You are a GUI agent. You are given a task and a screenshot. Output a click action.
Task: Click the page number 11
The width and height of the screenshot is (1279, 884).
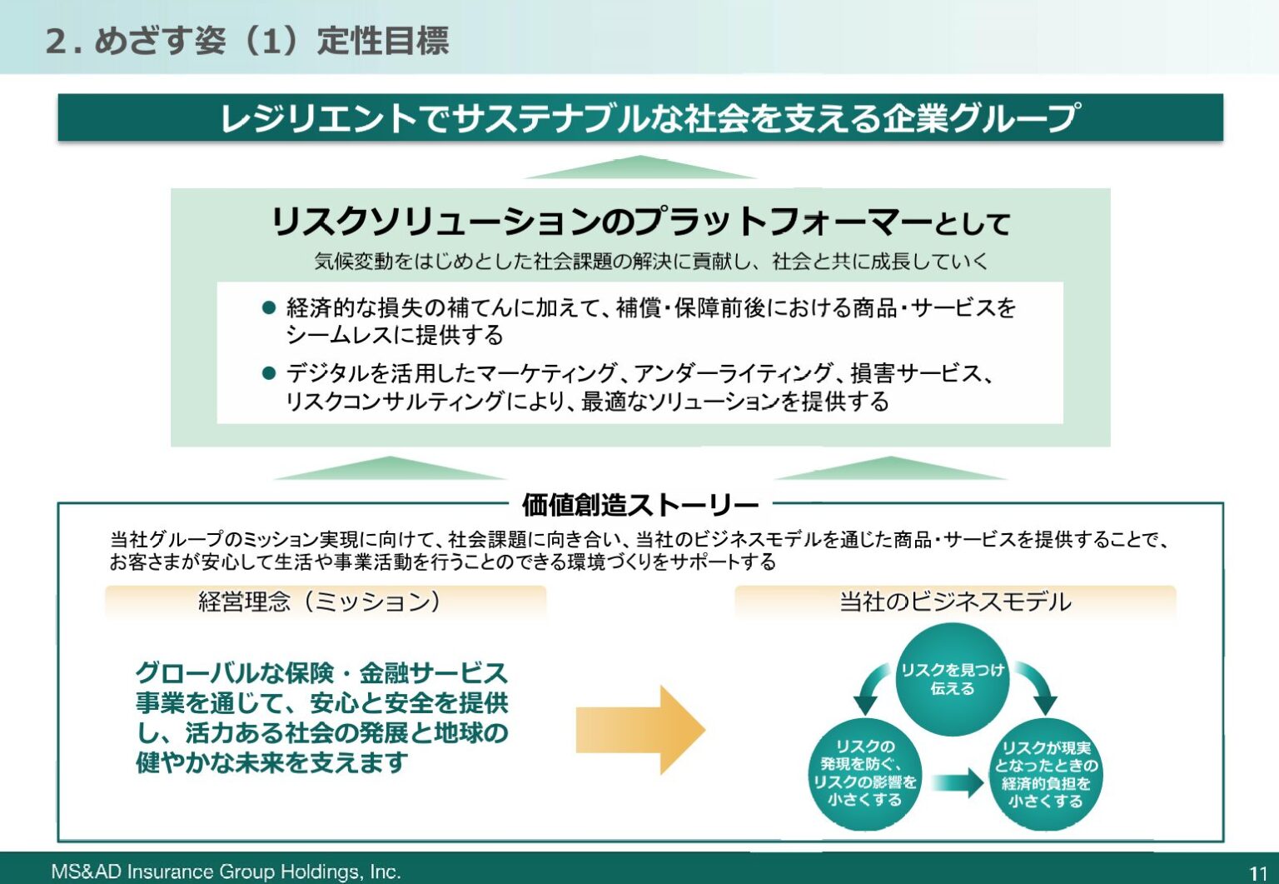tap(1257, 872)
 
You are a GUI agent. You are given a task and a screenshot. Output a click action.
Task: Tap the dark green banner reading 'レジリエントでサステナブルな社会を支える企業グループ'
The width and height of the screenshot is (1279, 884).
tap(639, 117)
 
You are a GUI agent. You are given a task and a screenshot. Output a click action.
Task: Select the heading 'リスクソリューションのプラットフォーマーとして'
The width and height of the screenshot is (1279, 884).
tap(639, 222)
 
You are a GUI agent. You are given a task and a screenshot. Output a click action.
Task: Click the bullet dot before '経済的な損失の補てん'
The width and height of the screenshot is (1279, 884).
tap(268, 307)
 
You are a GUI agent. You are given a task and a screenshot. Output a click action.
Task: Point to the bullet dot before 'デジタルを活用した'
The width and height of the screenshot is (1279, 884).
tap(268, 373)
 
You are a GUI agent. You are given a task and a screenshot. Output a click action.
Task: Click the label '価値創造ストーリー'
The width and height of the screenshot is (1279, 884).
tap(639, 505)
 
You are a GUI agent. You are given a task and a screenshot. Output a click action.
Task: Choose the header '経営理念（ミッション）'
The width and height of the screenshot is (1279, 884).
tap(321, 602)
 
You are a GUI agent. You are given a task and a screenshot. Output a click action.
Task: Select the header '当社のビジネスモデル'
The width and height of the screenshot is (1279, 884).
tap(954, 602)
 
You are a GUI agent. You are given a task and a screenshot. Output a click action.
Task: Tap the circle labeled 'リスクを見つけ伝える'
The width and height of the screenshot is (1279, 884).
tap(953, 679)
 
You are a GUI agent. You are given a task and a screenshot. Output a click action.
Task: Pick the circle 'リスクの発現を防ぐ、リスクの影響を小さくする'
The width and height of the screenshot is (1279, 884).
tap(864, 773)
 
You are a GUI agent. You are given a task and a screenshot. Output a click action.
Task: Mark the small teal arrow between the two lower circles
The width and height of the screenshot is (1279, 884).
tap(958, 782)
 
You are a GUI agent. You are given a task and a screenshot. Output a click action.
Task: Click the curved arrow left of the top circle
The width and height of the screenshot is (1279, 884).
tap(871, 687)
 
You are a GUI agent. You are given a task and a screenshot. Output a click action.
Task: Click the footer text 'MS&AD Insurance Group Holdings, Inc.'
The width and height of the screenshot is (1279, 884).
tap(226, 872)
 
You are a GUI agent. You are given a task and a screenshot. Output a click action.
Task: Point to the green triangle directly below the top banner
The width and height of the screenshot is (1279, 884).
tap(639, 168)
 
